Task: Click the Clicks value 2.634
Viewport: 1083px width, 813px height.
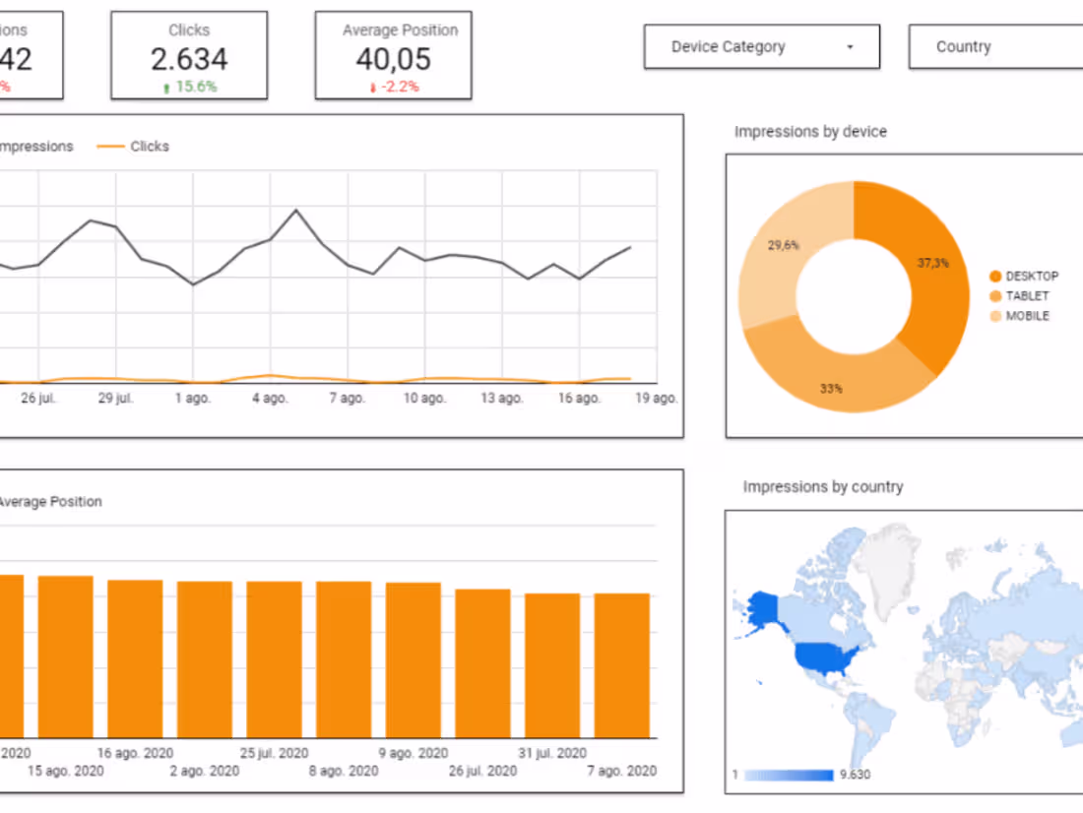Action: [x=188, y=59]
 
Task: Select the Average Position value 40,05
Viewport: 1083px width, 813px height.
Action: [x=393, y=59]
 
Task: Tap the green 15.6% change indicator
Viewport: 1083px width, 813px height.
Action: [x=189, y=87]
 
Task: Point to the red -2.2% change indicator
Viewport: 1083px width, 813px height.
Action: [x=394, y=87]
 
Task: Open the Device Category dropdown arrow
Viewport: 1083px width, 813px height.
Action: [x=850, y=47]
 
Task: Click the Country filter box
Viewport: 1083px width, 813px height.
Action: [x=994, y=46]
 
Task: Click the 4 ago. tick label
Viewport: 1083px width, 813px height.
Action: [x=270, y=399]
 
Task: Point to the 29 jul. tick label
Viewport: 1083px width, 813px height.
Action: [x=116, y=399]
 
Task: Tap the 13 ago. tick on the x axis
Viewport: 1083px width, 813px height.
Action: [x=501, y=399]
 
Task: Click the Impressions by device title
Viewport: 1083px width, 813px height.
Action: [x=810, y=132]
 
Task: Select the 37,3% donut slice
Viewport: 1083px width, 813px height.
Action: [x=925, y=264]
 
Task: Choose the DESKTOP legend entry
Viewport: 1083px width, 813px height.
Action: [x=1031, y=277]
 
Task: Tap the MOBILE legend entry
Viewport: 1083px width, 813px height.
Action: [x=1027, y=316]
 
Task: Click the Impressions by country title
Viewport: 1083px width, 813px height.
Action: [x=822, y=486]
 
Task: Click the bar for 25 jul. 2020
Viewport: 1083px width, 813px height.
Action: [x=275, y=659]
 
